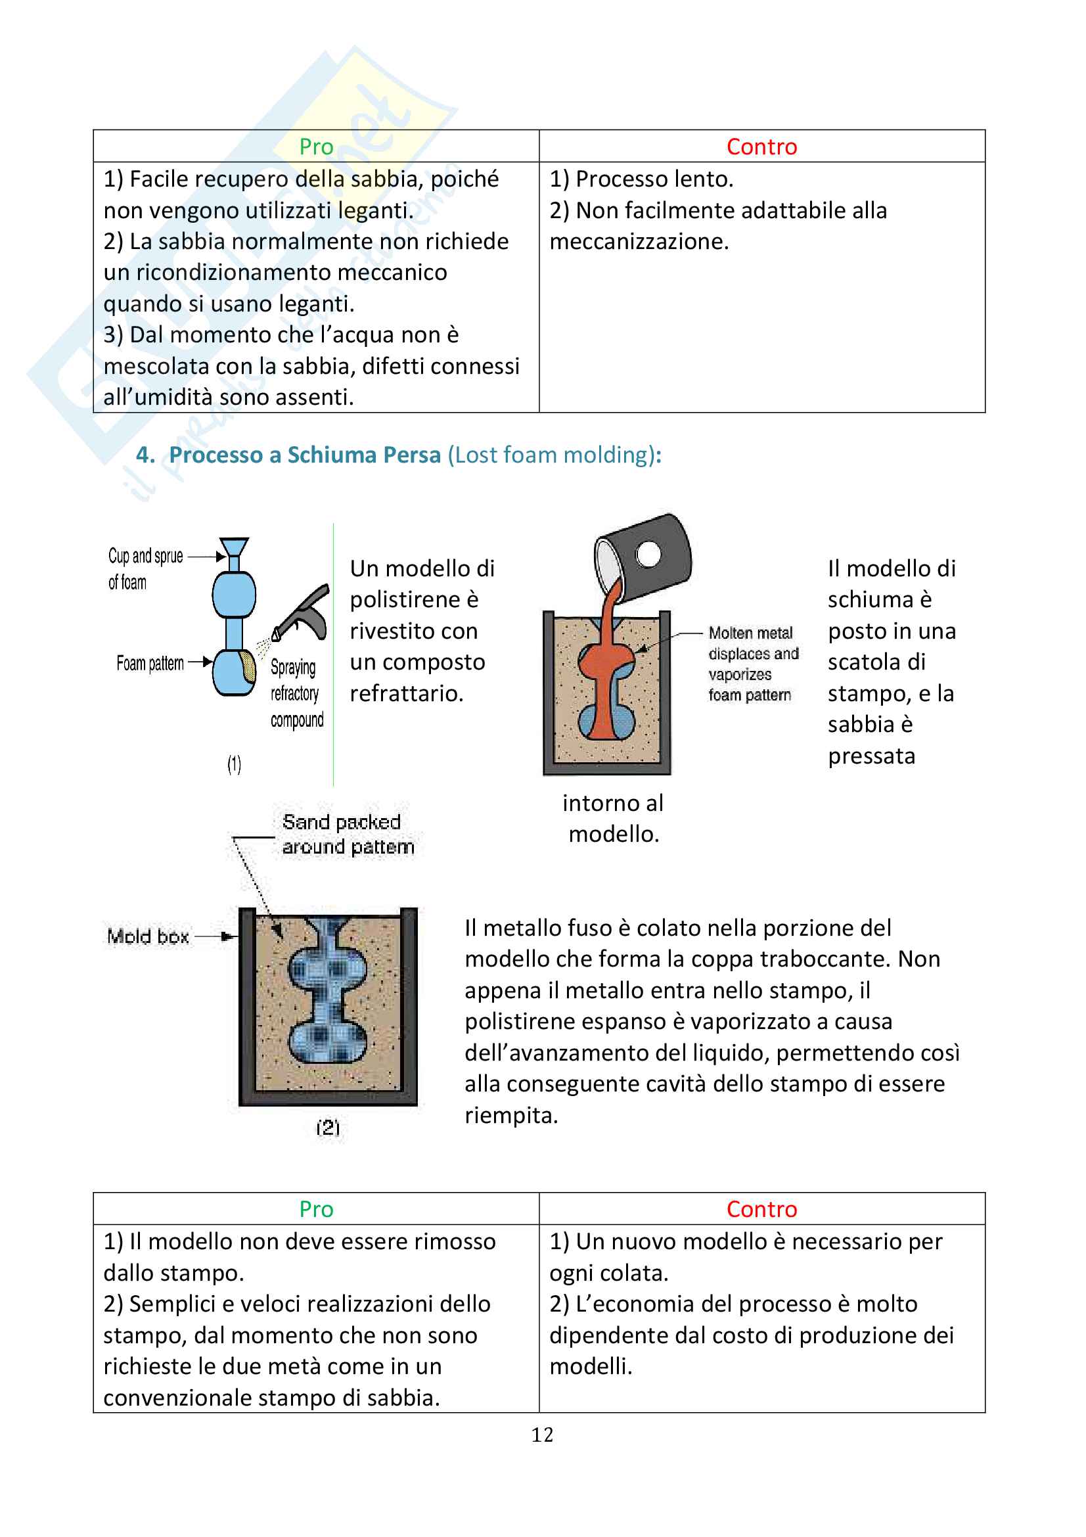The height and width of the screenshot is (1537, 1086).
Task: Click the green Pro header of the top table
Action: point(316,147)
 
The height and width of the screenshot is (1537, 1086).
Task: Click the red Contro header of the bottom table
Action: point(761,1209)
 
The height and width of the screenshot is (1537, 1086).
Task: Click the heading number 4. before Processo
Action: point(146,455)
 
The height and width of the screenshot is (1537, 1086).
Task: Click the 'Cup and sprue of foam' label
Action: point(145,568)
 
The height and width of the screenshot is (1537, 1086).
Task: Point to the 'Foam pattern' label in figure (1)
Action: point(150,664)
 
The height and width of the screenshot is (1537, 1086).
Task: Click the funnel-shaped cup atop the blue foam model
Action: point(234,549)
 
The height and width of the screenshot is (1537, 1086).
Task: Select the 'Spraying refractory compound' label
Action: point(296,693)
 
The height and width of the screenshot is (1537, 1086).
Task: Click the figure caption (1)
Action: point(234,764)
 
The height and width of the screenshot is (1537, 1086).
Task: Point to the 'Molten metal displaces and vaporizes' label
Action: point(753,664)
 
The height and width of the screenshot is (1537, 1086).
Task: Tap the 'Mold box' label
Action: point(148,936)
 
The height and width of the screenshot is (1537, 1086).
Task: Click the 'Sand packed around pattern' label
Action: point(348,834)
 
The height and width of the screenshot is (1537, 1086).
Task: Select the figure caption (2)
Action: point(328,1128)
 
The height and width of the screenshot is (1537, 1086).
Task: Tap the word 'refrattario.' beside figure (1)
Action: point(406,693)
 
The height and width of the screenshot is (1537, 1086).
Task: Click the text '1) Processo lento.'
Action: point(641,179)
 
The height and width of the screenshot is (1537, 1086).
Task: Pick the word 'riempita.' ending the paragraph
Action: point(511,1115)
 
